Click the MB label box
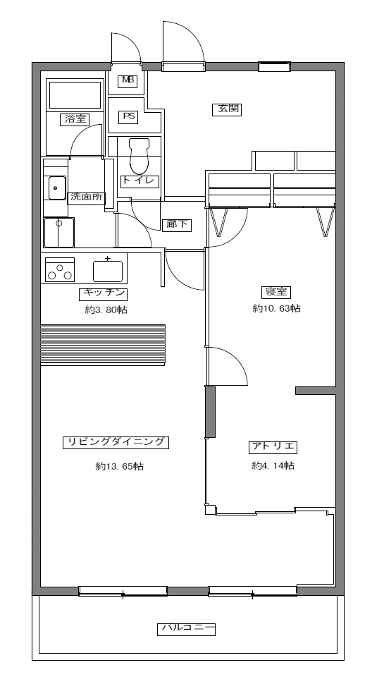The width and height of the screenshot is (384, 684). (128, 80)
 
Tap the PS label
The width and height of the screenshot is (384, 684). (128, 116)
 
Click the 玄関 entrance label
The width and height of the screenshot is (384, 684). (227, 109)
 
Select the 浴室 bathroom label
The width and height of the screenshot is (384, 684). (75, 119)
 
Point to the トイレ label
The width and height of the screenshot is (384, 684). (140, 182)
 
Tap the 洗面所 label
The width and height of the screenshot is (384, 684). (87, 197)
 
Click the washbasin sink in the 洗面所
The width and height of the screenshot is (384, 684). (56, 188)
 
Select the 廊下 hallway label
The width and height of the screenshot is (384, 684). (177, 225)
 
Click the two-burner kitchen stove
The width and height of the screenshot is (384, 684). (60, 269)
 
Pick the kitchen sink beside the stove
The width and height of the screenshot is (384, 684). (108, 271)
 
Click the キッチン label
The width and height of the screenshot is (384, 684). (104, 294)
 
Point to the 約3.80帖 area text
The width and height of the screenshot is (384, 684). (106, 310)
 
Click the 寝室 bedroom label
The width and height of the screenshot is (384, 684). (276, 292)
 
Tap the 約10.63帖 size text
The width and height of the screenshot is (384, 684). (276, 308)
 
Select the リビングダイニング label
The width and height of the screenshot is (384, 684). (116, 442)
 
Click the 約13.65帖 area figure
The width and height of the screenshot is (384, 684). (120, 466)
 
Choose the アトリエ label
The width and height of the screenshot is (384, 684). (273, 447)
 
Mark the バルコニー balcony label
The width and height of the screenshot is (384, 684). (186, 629)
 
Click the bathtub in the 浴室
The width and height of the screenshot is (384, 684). (75, 95)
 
